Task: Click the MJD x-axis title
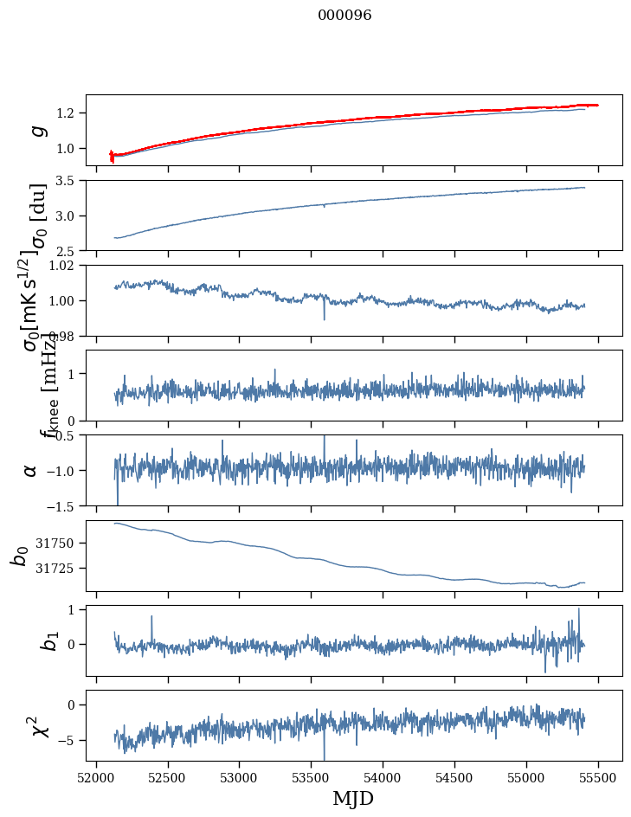tap(353, 798)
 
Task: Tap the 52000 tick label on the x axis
tap(96, 776)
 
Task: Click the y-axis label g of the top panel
tap(37, 130)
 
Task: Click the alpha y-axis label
tap(31, 470)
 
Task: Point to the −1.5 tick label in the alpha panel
tap(61, 505)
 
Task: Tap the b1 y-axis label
tap(28, 640)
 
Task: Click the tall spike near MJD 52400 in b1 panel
tap(151, 617)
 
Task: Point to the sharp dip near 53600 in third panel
tap(325, 318)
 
